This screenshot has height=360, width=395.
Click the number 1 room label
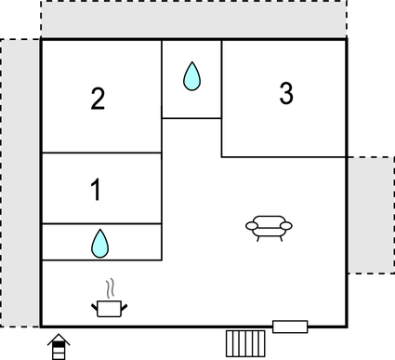[96, 191]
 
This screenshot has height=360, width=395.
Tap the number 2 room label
[98, 99]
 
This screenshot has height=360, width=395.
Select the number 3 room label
[286, 93]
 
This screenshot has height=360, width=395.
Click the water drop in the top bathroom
[191, 76]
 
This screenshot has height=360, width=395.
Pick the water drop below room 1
[99, 244]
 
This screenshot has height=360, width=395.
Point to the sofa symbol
[269, 227]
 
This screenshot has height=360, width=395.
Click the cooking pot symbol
[110, 307]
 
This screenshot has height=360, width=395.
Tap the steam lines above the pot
[111, 287]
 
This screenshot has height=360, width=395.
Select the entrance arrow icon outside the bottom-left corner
[59, 346]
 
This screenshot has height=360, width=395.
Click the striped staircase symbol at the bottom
[245, 341]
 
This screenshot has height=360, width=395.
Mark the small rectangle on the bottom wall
[289, 326]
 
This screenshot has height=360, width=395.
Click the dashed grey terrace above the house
[193, 20]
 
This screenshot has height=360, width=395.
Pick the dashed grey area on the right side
[370, 214]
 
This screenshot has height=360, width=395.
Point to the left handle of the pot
[95, 302]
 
